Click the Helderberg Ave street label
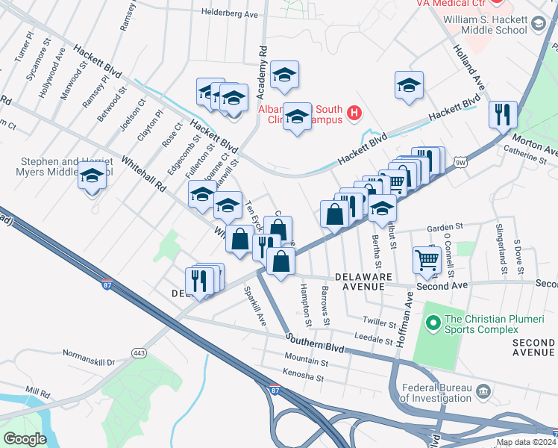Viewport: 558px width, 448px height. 231,13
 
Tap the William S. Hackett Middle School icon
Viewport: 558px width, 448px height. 537,25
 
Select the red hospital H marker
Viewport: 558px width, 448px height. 354,114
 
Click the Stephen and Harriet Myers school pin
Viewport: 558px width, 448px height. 92,177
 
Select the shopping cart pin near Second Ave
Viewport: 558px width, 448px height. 427,260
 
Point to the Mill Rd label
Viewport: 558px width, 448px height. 37,391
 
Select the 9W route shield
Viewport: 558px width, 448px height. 460,161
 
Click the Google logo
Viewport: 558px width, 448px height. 25,438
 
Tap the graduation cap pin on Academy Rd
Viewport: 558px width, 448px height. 284,74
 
